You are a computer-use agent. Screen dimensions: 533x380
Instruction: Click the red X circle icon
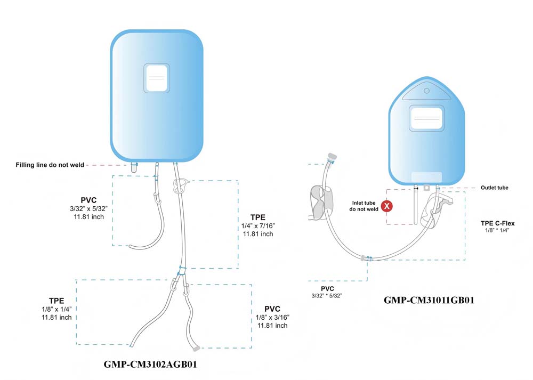(386, 206)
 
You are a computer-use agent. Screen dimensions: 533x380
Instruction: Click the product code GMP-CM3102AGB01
(150, 365)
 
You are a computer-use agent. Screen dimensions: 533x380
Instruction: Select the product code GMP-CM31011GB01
(429, 300)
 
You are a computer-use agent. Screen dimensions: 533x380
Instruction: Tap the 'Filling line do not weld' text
(50, 165)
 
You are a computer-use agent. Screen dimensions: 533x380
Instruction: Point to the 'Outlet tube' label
(494, 188)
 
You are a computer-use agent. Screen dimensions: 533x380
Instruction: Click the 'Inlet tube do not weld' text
(364, 206)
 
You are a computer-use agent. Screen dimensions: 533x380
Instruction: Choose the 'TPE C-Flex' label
(497, 223)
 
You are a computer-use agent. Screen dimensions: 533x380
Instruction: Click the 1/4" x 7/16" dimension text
(258, 225)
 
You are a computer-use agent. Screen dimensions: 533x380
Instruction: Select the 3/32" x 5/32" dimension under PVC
(88, 209)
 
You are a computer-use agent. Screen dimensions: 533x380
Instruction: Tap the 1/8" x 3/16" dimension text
(272, 318)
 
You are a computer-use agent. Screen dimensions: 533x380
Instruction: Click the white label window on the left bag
(156, 78)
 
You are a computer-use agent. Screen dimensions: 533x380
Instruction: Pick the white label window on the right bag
(426, 118)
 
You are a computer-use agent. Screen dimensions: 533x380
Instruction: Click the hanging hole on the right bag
(426, 91)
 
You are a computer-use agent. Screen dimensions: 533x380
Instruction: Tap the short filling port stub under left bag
(134, 167)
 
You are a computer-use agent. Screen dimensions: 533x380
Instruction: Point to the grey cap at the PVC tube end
(196, 348)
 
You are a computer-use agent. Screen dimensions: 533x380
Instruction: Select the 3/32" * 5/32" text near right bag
(326, 296)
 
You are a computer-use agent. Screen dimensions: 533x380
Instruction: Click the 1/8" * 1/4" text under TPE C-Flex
(497, 230)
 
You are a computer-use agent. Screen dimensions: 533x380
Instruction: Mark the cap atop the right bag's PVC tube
(332, 157)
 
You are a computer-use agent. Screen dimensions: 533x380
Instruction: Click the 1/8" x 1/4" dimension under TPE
(57, 309)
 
